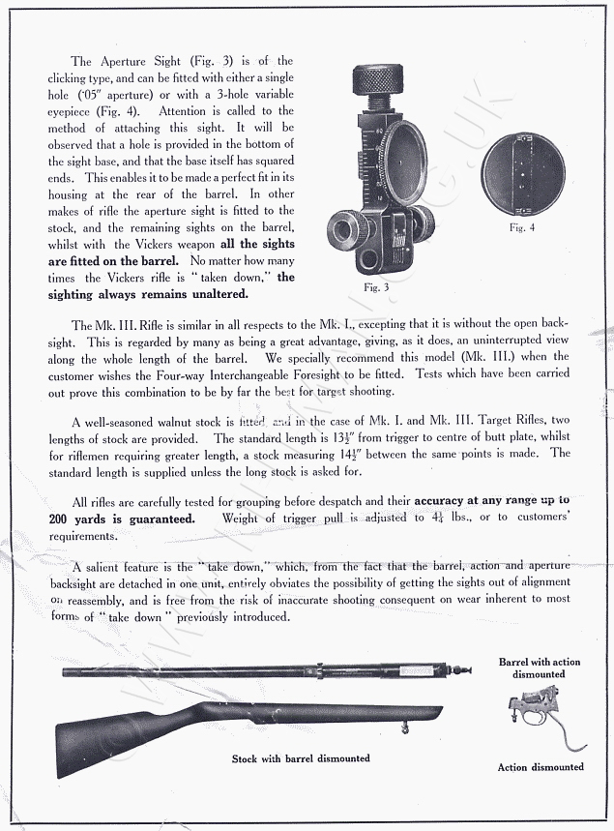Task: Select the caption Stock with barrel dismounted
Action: coord(300,758)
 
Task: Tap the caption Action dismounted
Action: coord(541,767)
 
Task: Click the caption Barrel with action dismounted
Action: coord(540,668)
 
